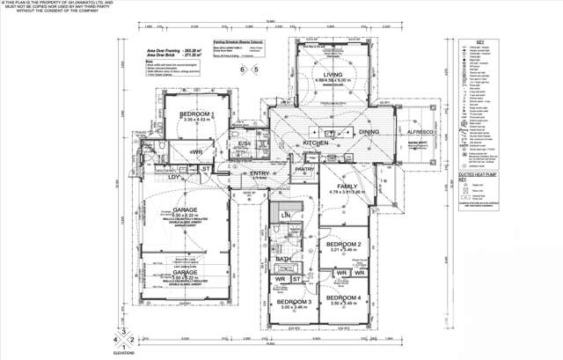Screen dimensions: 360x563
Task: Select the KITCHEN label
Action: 316,143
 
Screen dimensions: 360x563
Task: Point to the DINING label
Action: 369,133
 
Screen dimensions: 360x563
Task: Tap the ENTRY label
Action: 260,173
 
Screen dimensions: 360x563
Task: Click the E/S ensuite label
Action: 245,143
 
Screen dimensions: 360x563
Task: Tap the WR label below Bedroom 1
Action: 197,151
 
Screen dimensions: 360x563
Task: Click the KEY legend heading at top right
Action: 479,41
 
